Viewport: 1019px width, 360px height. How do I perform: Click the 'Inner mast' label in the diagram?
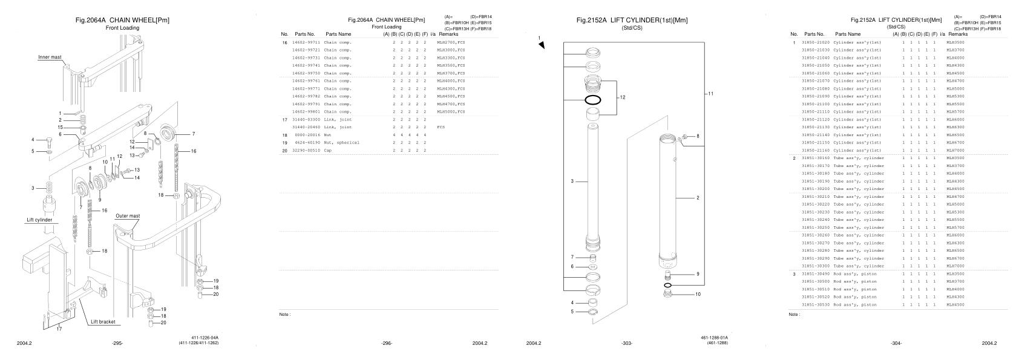pos(50,57)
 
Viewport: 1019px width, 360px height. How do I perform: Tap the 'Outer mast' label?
pos(128,215)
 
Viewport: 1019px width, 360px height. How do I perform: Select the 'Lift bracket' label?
pos(103,322)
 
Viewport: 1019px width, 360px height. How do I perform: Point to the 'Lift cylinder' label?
pos(39,220)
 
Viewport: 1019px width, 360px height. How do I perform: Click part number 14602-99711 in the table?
pos(306,42)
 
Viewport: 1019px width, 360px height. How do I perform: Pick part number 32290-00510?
pos(306,151)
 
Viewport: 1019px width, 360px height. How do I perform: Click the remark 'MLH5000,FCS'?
pos(451,112)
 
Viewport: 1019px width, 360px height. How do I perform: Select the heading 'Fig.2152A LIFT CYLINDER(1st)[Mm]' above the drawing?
pos(632,21)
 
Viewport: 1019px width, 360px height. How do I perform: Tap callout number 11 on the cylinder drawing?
pos(711,94)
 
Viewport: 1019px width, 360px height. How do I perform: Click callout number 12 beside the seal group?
pos(622,97)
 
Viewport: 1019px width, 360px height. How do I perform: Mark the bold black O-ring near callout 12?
pos(593,100)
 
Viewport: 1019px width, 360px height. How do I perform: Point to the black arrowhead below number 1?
pos(542,45)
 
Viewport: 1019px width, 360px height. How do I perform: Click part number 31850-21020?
pos(816,42)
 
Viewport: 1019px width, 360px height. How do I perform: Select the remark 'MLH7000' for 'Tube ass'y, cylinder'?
pos(955,266)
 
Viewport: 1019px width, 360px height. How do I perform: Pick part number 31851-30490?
pos(816,274)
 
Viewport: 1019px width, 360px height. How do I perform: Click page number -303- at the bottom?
pos(627,344)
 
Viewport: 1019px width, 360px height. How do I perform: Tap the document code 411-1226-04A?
pos(205,338)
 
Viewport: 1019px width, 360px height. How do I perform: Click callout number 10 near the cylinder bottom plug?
pos(698,295)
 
